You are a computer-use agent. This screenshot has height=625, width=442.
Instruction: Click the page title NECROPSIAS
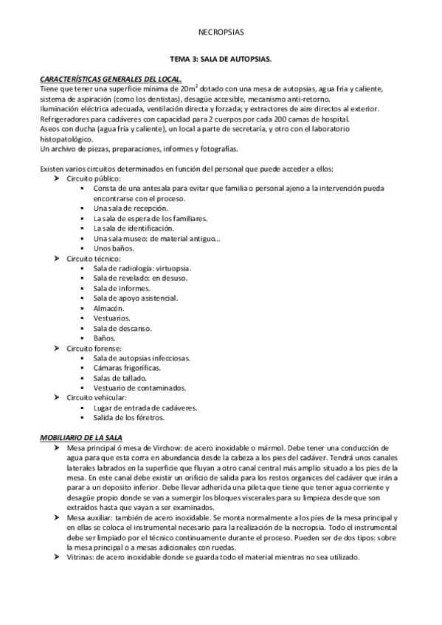221,32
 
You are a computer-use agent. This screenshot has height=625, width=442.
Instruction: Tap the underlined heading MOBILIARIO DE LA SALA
80,438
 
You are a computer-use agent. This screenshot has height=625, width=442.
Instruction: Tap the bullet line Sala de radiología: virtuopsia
142,268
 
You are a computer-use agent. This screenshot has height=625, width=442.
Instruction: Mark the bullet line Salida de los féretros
129,418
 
